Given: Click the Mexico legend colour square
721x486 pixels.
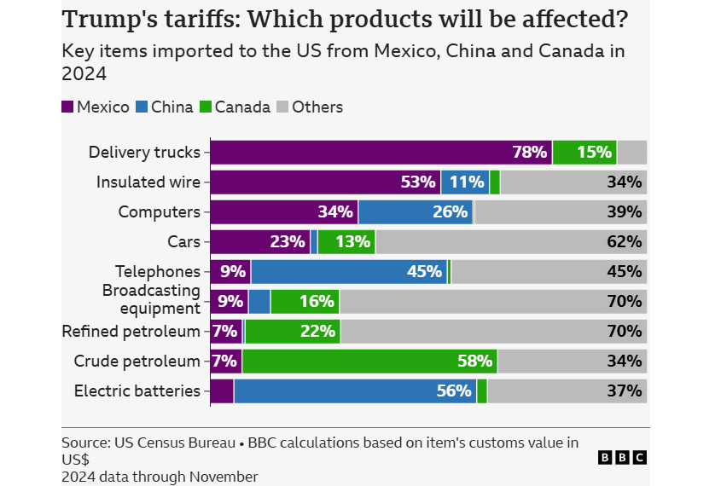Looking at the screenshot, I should pos(67,107).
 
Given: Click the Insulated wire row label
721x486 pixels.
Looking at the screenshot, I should pos(148,182).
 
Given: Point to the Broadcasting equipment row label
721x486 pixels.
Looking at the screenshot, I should pos(151,299).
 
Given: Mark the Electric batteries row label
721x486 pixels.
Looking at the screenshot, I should pos(137,391).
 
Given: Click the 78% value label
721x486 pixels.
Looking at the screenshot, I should pos(529,153).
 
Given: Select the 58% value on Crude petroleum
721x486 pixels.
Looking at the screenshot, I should pos(474,362).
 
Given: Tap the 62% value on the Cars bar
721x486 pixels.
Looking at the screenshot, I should pos(624,242).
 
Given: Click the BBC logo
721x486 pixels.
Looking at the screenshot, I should pos(622,458).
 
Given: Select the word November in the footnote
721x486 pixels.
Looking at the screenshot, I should pos(223,476).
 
